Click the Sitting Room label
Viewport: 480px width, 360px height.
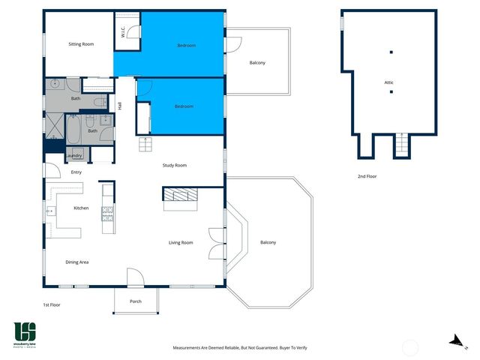(x=82, y=45)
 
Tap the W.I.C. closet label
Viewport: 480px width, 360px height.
(x=123, y=32)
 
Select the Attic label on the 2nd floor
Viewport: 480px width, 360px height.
(x=389, y=82)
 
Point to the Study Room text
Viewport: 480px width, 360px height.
(x=175, y=165)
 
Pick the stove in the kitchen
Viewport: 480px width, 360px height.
(x=107, y=214)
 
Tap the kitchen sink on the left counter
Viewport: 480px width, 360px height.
(x=50, y=211)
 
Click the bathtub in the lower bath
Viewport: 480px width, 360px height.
(x=74, y=131)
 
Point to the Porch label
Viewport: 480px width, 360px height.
(x=136, y=301)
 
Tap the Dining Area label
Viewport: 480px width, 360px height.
(x=77, y=262)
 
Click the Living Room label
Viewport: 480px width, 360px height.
(x=181, y=242)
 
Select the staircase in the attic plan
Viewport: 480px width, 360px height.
(x=403, y=144)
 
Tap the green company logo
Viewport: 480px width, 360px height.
(x=25, y=334)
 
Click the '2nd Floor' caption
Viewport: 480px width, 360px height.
(x=368, y=177)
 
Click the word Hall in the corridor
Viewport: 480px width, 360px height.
(x=120, y=106)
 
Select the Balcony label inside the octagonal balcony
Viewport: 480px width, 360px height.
(x=268, y=242)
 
